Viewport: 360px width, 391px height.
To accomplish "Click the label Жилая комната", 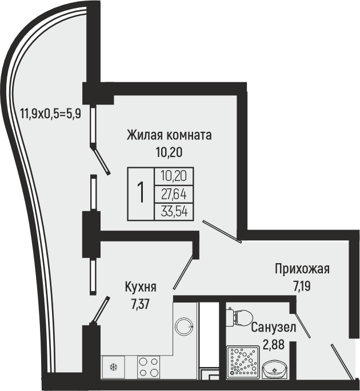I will pyautogui.click(x=169, y=135).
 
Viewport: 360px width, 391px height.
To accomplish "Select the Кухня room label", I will pyautogui.click(x=141, y=287).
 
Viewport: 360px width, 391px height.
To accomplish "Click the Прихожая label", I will pyautogui.click(x=302, y=269).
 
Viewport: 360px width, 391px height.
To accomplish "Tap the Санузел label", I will pyautogui.click(x=273, y=328).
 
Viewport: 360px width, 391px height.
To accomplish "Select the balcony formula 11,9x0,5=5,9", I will pyautogui.click(x=50, y=113).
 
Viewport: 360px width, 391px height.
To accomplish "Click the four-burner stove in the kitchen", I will pyautogui.click(x=148, y=366).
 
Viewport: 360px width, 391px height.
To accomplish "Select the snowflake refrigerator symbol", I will pyautogui.click(x=113, y=366).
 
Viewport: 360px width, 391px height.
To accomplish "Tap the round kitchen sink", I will pyautogui.click(x=185, y=327).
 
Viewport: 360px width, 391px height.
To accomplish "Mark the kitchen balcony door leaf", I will pyautogui.click(x=101, y=310).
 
